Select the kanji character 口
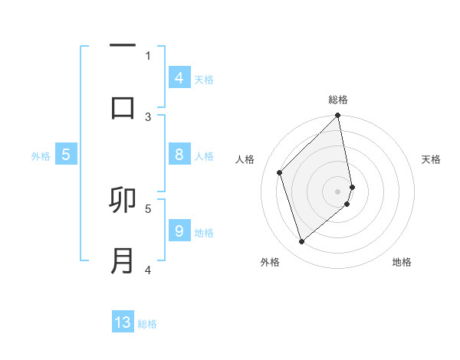[123, 106]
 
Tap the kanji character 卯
[123, 201]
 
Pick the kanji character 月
[123, 260]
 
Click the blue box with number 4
[179, 78]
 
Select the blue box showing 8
[179, 155]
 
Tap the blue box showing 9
[179, 231]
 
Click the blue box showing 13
[123, 322]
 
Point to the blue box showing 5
[66, 155]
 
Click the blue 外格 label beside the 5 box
[41, 156]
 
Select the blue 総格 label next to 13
[148, 324]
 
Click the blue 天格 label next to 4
[204, 80]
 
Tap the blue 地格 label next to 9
[204, 233]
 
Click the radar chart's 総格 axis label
[338, 100]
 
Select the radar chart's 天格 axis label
[432, 159]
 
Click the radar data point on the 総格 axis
[338, 116]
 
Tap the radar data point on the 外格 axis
[302, 242]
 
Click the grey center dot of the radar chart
[338, 191]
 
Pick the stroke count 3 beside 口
[148, 116]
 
